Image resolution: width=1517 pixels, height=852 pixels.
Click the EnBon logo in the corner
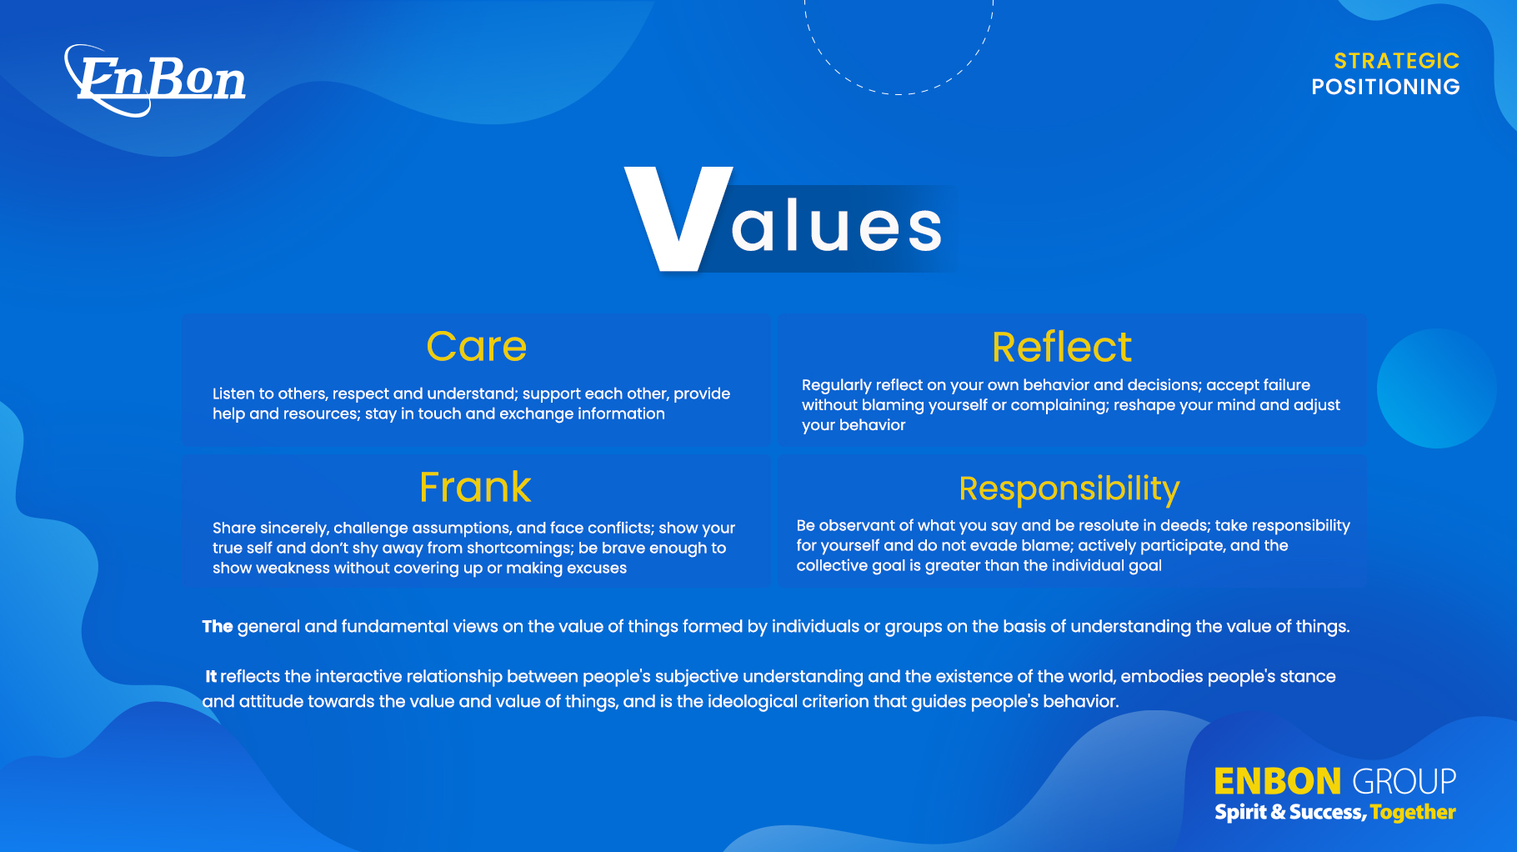click(155, 80)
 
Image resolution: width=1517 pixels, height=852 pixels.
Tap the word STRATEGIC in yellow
click(1397, 61)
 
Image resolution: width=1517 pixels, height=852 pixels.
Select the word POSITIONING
click(1385, 87)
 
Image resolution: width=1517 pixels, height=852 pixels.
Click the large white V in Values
click(678, 218)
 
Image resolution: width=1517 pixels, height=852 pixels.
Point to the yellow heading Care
click(477, 347)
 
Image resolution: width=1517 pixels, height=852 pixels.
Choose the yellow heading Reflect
click(1062, 347)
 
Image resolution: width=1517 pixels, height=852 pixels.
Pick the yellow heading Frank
click(475, 487)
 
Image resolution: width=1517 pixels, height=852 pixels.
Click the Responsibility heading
click(1069, 489)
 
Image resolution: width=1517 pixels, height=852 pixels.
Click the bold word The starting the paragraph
click(218, 627)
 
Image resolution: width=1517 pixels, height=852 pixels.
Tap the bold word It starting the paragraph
click(211, 677)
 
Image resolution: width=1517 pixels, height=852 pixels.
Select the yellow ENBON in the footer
click(1277, 782)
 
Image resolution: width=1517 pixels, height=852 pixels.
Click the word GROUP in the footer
click(1404, 782)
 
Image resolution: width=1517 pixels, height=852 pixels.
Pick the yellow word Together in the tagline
click(1413, 813)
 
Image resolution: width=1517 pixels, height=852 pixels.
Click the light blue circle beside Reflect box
click(1436, 388)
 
